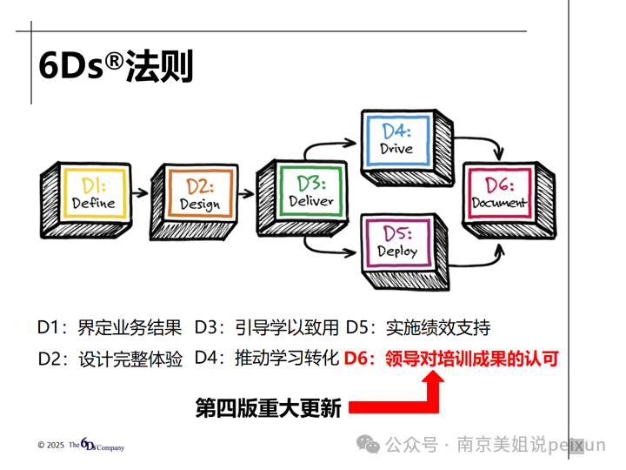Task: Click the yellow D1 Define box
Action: (90, 193)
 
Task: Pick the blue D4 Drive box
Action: (396, 139)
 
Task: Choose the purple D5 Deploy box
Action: (396, 242)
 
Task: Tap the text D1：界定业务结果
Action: (110, 327)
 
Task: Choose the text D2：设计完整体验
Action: (110, 358)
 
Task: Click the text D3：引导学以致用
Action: (266, 327)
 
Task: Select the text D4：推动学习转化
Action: (266, 358)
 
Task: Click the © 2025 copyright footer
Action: (80, 446)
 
